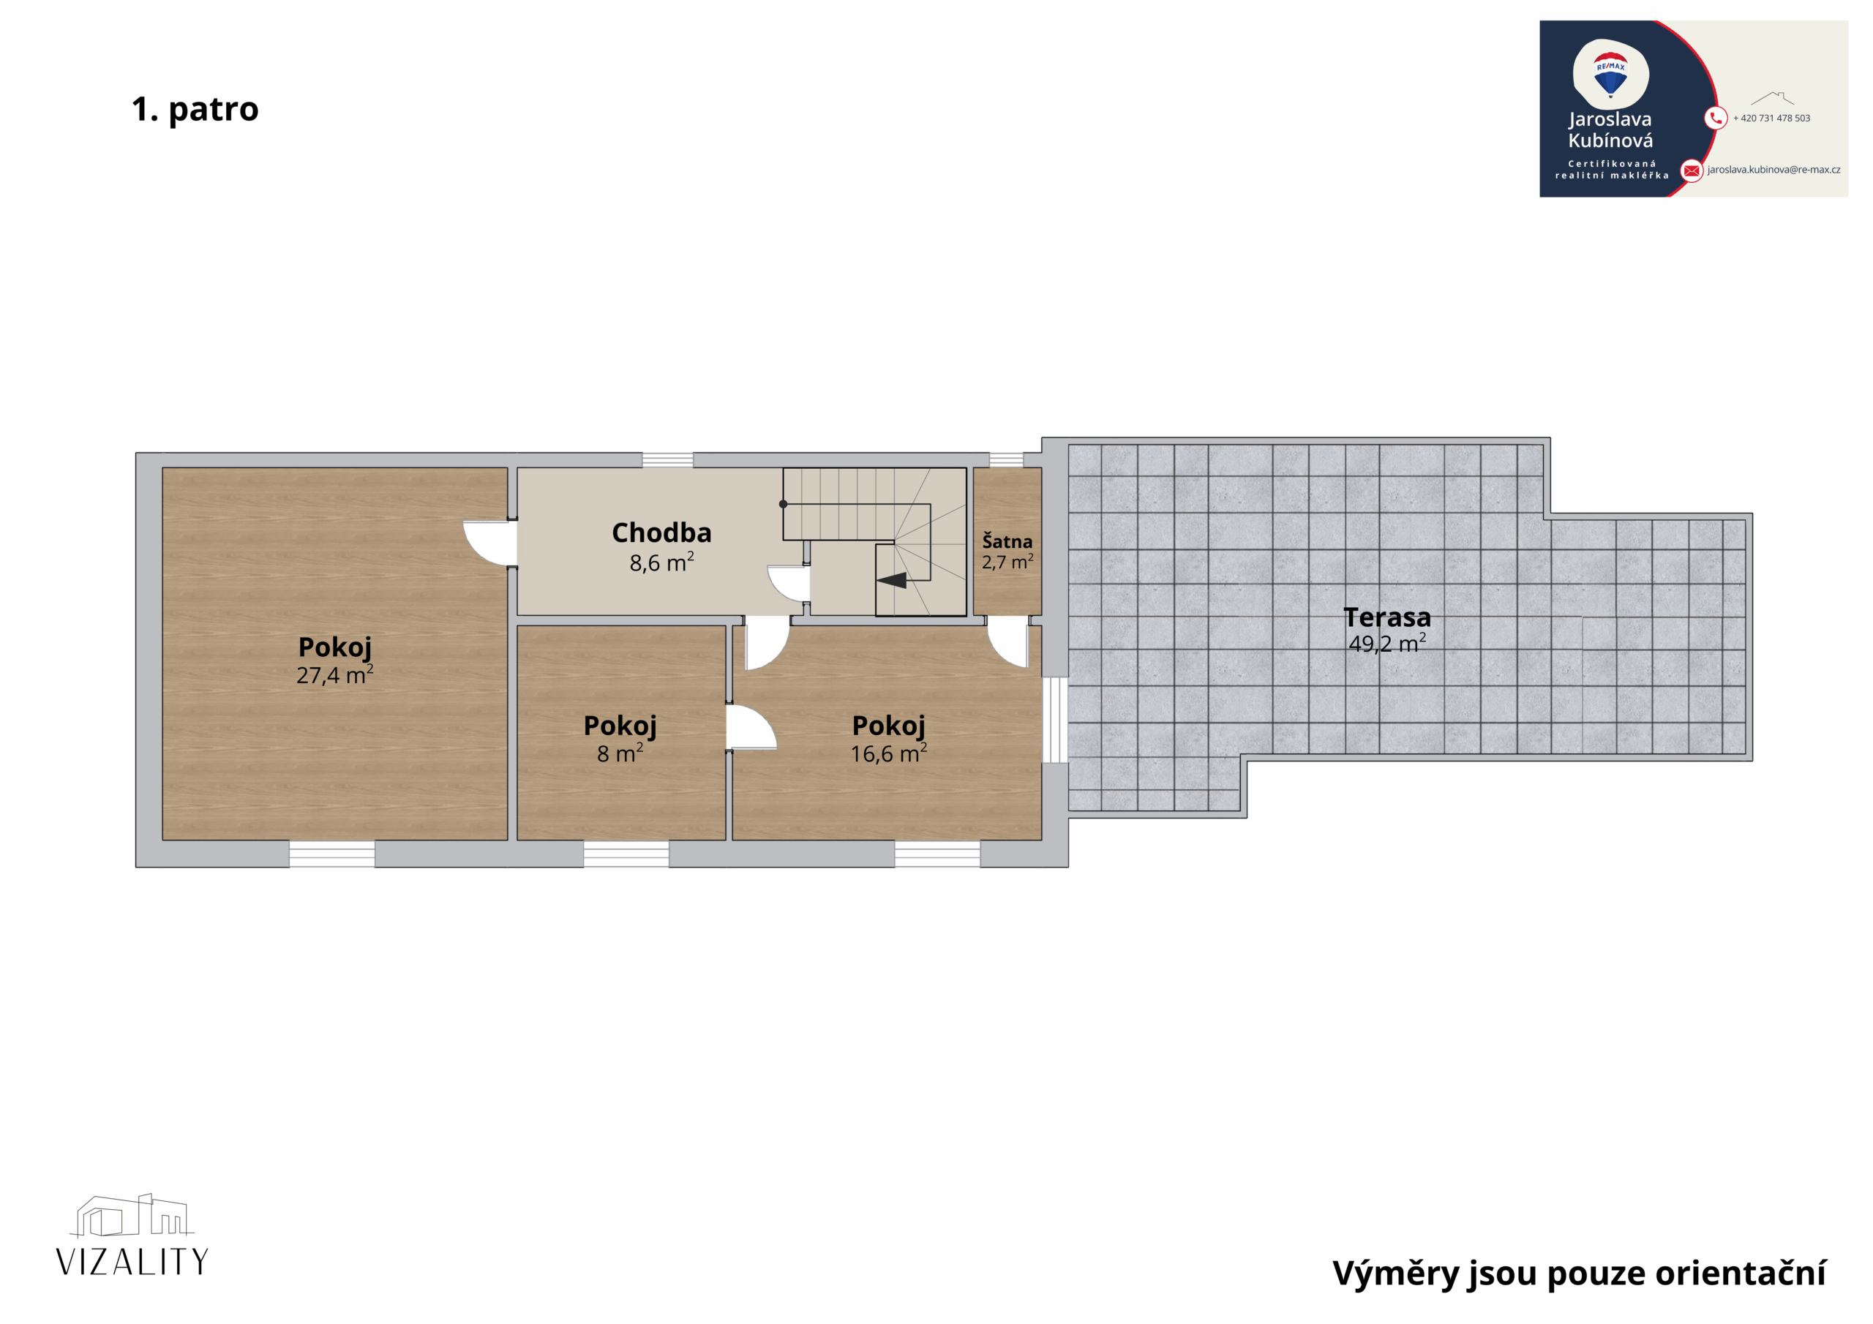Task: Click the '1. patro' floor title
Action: tap(195, 109)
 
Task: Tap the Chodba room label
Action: tap(661, 533)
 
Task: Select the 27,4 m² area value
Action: tap(335, 674)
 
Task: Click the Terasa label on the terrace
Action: tap(1386, 617)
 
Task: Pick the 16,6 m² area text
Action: tap(888, 753)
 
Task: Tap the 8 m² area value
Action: tap(620, 753)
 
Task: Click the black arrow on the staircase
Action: tap(892, 580)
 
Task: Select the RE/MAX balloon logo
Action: tap(1610, 74)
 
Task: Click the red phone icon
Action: tap(1716, 119)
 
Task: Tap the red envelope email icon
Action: tap(1692, 170)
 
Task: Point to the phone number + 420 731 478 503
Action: tap(1771, 119)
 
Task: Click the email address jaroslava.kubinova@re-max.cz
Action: tap(1773, 170)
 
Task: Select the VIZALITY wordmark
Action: tap(132, 1261)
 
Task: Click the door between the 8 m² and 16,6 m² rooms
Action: tap(751, 727)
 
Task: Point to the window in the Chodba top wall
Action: tap(667, 460)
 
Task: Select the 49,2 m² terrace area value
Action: tap(1386, 644)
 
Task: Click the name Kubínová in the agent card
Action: tap(1610, 140)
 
